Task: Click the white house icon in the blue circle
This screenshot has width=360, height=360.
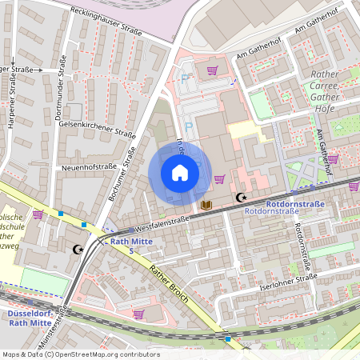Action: click(179, 173)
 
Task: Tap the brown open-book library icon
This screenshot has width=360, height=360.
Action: click(206, 206)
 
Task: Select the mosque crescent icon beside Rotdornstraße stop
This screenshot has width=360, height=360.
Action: click(239, 197)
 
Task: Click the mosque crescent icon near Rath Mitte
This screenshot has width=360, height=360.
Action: click(78, 250)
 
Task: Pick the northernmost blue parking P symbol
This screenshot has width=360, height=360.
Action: click(186, 78)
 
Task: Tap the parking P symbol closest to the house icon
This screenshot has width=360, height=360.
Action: click(190, 126)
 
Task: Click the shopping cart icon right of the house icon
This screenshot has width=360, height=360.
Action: click(219, 178)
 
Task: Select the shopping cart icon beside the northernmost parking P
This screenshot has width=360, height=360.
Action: click(212, 70)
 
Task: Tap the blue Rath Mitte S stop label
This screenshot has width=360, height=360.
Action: click(130, 245)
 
